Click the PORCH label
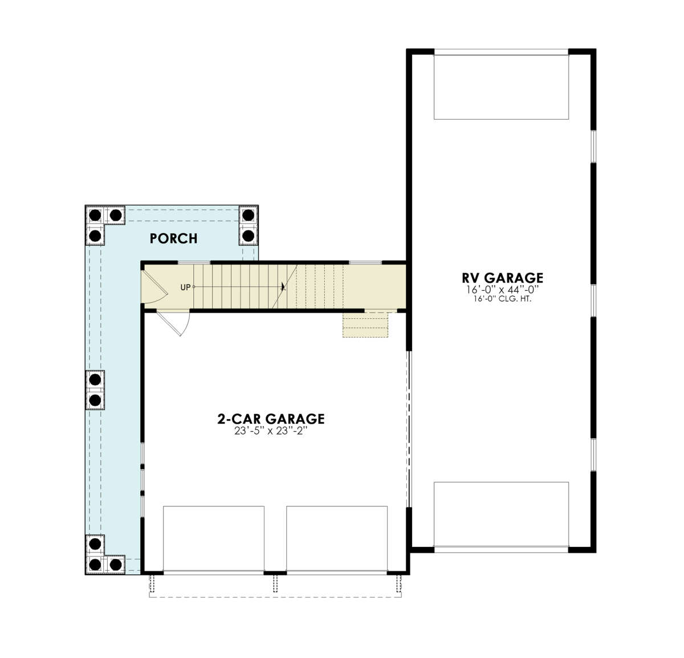tap(173, 238)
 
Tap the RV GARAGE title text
tap(502, 278)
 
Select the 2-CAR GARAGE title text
tap(271, 419)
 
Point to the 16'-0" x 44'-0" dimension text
tap(502, 290)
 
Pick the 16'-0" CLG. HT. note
tap(502, 299)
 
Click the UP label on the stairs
tap(185, 287)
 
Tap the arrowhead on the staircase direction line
tap(283, 287)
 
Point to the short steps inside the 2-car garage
tap(365, 324)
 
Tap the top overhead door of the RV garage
tap(501, 87)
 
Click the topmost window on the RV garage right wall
tap(593, 147)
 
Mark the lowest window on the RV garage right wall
tap(593, 454)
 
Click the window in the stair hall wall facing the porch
tap(194, 262)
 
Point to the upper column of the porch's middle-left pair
tap(95, 380)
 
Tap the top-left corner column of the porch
tap(95, 215)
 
